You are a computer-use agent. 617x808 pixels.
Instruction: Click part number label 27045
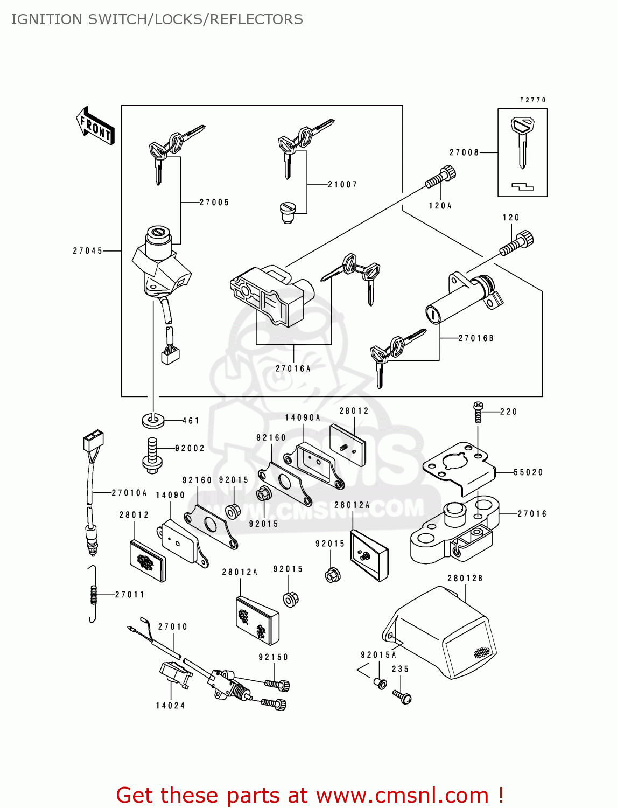[x=88, y=251]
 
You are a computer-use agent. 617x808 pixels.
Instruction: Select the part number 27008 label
[x=464, y=152]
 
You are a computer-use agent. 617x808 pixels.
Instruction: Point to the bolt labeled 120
[x=517, y=243]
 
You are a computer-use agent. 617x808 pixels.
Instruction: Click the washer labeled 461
[x=153, y=420]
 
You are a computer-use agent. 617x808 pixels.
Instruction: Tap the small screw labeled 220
[x=478, y=412]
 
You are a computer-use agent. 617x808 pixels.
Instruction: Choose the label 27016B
[x=476, y=338]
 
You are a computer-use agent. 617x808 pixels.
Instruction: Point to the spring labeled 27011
[x=93, y=595]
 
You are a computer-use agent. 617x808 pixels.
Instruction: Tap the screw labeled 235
[x=403, y=696]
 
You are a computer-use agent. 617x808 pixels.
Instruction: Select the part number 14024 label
[x=170, y=706]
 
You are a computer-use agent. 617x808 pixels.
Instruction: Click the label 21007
[x=342, y=185]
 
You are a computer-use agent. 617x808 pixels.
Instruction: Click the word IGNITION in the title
[x=47, y=19]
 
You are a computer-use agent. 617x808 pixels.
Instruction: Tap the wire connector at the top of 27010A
[x=93, y=440]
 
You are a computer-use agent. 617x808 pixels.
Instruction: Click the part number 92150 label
[x=274, y=657]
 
